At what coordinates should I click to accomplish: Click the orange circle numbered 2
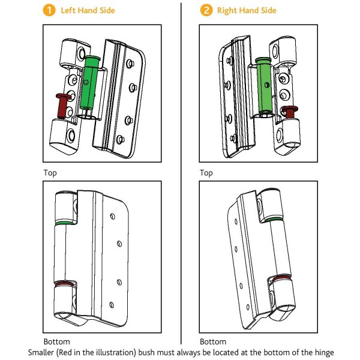[206, 10]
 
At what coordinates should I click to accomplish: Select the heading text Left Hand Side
[88, 10]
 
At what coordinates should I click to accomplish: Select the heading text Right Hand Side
[247, 10]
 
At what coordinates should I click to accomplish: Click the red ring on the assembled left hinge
[63, 283]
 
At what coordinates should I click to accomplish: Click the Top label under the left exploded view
[50, 172]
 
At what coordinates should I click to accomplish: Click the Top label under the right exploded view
[206, 172]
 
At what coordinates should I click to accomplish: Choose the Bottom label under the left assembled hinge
[56, 341]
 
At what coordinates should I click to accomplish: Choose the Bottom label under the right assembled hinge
[212, 341]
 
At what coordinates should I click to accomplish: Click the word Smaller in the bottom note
[43, 352]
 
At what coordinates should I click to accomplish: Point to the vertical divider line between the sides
[181, 180]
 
